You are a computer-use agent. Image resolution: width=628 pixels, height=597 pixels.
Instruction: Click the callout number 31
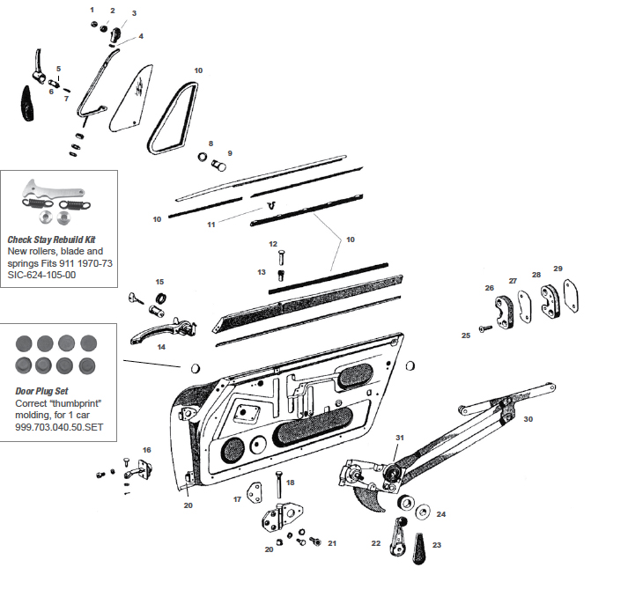400,438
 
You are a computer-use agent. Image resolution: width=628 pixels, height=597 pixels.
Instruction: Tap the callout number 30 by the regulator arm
528,419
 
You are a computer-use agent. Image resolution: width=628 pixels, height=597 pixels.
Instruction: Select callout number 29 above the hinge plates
558,268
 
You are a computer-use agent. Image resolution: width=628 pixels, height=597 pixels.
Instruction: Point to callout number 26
490,287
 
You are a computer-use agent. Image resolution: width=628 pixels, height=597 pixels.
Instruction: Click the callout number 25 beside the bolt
466,335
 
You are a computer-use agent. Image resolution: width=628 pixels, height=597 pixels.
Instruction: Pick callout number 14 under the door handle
161,347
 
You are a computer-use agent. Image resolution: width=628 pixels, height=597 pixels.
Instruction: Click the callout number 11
211,225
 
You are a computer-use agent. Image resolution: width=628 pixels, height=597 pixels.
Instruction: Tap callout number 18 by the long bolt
291,482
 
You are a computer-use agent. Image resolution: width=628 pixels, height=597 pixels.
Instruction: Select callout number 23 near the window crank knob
436,545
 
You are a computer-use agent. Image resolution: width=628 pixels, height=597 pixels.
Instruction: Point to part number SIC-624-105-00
43,275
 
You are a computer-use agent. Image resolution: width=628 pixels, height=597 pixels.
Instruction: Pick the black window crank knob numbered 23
417,549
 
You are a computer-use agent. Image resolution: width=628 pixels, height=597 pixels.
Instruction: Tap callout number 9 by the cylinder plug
229,152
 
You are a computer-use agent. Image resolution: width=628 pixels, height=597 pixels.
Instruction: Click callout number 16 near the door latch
147,450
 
